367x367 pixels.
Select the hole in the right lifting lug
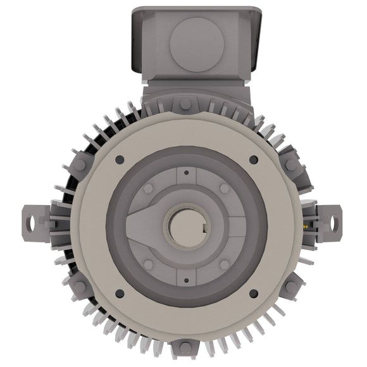click(x=334, y=221)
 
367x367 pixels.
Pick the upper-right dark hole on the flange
click(x=253, y=159)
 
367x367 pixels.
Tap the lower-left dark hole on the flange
click(x=119, y=294)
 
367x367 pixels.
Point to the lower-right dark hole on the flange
click(x=253, y=294)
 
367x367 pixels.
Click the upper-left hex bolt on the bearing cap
click(x=148, y=189)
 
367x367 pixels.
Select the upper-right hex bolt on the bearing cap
click(x=224, y=189)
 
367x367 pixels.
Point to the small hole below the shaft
click(x=186, y=279)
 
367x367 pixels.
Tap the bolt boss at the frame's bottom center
click(x=185, y=347)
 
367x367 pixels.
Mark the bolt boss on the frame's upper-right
click(x=290, y=165)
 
